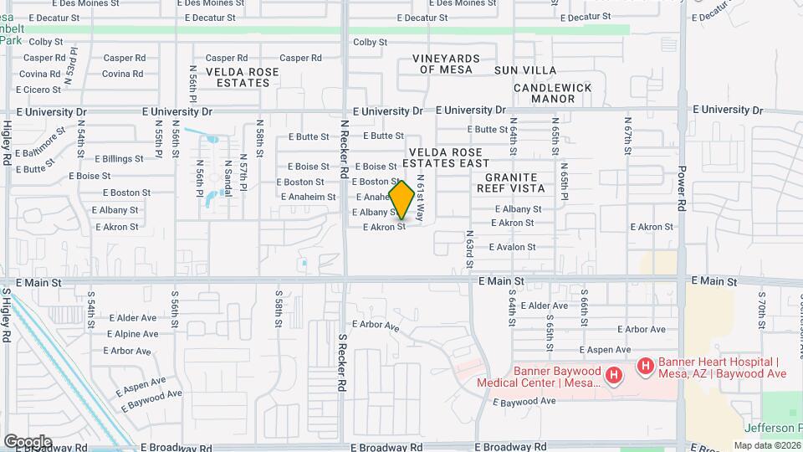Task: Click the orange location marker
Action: pyautogui.click(x=401, y=200)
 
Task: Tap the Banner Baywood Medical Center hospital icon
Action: pyautogui.click(x=613, y=376)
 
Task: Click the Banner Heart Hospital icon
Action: pyautogui.click(x=645, y=366)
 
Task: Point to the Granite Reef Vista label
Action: pyautogui.click(x=515, y=182)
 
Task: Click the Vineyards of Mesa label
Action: pyautogui.click(x=446, y=64)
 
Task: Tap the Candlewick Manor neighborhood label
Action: pyautogui.click(x=552, y=93)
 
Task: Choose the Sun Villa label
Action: pyautogui.click(x=524, y=69)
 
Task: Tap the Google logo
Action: pyautogui.click(x=28, y=441)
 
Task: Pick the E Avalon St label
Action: pyautogui.click(x=512, y=247)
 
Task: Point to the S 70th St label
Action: pyautogui.click(x=762, y=309)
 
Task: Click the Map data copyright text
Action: pyautogui.click(x=767, y=445)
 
